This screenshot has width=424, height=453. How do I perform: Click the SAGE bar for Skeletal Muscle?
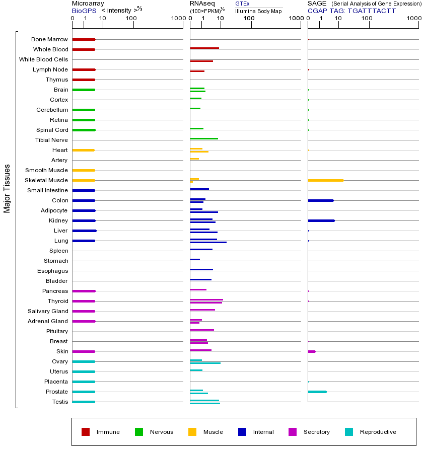[325, 180]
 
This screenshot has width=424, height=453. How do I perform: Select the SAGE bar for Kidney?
[321, 220]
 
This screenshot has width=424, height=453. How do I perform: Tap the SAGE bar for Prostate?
[317, 392]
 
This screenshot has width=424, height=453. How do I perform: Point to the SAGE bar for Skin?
[312, 351]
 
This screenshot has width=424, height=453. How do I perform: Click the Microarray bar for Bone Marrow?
[84, 39]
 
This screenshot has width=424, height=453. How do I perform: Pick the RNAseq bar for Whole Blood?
[204, 48]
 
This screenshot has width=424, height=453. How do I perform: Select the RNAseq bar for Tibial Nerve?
[204, 138]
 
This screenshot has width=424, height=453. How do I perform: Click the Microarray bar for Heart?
[83, 150]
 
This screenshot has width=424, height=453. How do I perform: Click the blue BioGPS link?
[84, 11]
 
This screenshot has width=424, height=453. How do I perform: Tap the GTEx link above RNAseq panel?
[242, 4]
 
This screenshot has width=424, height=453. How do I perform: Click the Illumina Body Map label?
[258, 11]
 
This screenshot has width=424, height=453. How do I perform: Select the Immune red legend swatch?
[86, 432]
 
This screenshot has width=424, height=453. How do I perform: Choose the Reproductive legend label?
[378, 432]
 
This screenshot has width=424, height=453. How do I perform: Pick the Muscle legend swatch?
[192, 432]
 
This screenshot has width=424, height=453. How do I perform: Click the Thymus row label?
[56, 80]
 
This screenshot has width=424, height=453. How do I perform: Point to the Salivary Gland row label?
[48, 311]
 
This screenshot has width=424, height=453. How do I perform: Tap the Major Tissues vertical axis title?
[7, 188]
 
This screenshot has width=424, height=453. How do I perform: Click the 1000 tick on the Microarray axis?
[177, 19]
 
